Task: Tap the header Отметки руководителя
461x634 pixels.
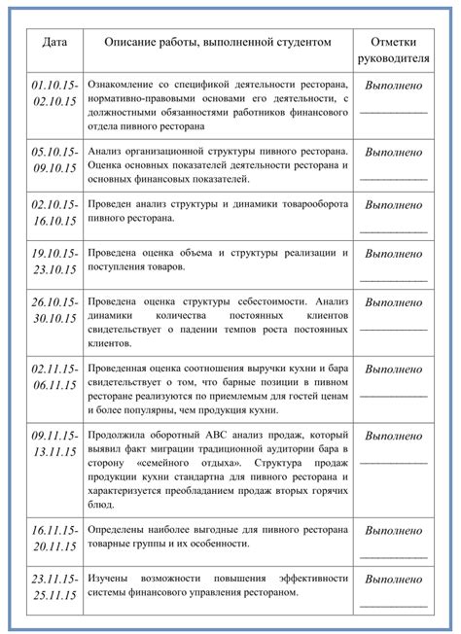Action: click(x=393, y=50)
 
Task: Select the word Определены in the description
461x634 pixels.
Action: click(x=117, y=530)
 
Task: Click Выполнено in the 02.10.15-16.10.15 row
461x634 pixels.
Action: click(x=393, y=206)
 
